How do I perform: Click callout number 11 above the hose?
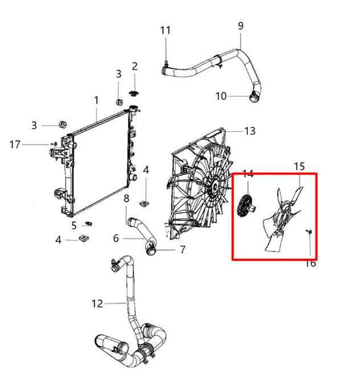(165, 30)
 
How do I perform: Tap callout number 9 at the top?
(240, 26)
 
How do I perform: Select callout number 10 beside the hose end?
(222, 96)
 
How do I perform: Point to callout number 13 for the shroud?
(249, 130)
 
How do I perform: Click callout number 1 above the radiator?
(96, 100)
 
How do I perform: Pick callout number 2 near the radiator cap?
(134, 66)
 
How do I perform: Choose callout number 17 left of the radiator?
(16, 144)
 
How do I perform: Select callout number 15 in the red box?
(299, 166)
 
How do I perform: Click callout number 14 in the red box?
(248, 174)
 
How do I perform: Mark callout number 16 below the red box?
(310, 263)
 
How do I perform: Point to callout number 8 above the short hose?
(126, 197)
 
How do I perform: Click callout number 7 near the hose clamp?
(182, 250)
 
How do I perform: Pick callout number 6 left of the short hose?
(115, 238)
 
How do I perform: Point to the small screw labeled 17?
(53, 144)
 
